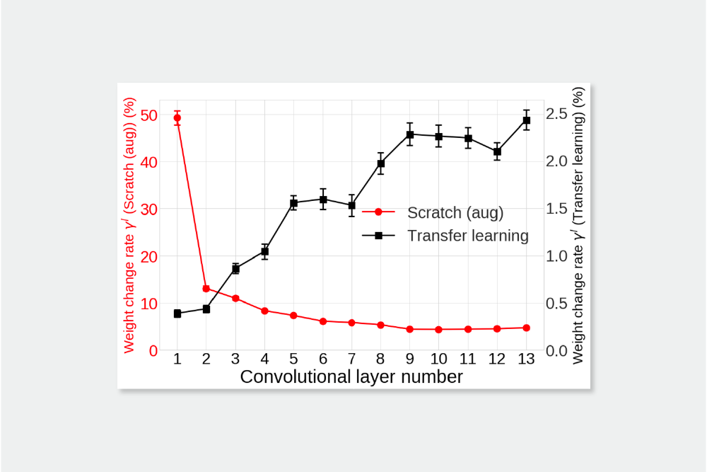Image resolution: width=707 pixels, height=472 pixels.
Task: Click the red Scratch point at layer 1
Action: pos(177,118)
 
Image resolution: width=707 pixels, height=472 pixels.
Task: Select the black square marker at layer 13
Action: pos(526,120)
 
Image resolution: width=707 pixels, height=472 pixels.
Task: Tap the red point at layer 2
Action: pos(206,289)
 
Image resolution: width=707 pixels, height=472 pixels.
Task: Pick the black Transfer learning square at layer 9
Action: pos(410,134)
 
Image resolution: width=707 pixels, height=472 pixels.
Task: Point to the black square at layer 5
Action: pos(293,203)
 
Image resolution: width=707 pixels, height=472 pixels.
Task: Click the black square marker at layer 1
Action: pos(177,313)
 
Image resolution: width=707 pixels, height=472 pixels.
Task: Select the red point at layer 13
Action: pos(526,328)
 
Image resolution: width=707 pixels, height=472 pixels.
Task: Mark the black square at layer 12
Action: pos(497,151)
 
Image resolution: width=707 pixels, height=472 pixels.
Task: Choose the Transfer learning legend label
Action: pos(468,236)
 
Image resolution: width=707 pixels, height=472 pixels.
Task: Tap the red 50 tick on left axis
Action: pos(148,115)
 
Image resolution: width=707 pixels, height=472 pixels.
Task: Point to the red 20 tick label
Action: pos(148,256)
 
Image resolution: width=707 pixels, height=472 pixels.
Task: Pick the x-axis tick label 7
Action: pos(351,359)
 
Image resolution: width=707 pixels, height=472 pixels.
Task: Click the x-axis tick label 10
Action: pos(438,359)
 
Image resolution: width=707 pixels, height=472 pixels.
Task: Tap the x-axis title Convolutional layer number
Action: pos(351,376)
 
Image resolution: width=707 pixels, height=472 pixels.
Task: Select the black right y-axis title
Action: pos(579,226)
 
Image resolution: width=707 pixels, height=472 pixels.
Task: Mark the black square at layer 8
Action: pos(380,163)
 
